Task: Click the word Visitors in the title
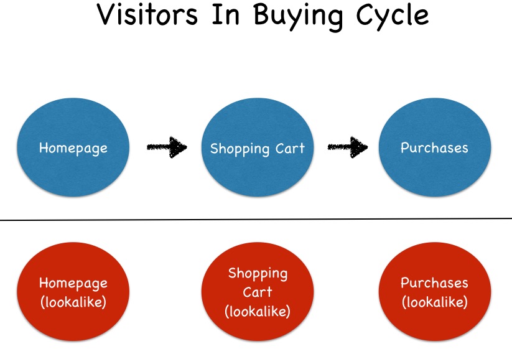[x=147, y=14]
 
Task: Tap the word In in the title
[x=226, y=14]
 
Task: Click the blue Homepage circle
[x=73, y=147]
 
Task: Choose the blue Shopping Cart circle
[x=258, y=147]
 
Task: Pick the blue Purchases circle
[x=435, y=147]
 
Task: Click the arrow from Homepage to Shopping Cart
[x=167, y=147]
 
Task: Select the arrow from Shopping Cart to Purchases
[x=348, y=147]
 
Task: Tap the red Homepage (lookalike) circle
[x=73, y=292]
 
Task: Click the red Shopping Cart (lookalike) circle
[x=258, y=292]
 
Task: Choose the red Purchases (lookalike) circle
[x=435, y=292]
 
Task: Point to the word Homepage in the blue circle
[x=73, y=149]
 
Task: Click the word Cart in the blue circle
[x=290, y=148]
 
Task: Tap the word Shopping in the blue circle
[x=240, y=149]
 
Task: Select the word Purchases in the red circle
[x=434, y=282]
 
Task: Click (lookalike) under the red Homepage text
[x=73, y=302]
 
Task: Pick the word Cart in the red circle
[x=258, y=292]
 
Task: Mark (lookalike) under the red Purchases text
[x=435, y=302]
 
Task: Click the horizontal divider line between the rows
[x=256, y=220]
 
